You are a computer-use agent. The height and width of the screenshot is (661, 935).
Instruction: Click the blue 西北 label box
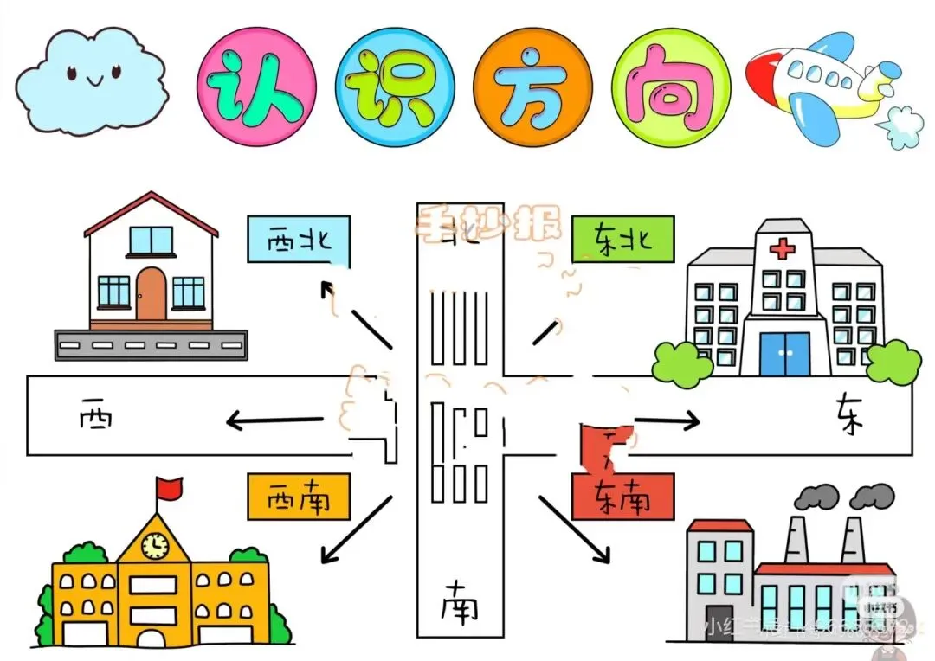[x=299, y=238]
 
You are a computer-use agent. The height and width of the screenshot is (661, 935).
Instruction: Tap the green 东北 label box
[x=622, y=238]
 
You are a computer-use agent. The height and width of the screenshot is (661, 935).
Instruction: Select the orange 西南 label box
[x=299, y=497]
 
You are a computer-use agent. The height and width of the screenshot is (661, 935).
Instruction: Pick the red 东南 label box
[x=622, y=497]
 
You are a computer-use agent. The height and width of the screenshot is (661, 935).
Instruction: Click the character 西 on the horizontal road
[x=94, y=419]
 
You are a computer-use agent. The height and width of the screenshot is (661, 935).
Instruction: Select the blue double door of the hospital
[x=785, y=354]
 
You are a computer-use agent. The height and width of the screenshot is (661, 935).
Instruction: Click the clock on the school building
[x=155, y=544]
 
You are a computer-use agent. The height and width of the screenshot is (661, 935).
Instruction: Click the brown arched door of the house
[x=151, y=294]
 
